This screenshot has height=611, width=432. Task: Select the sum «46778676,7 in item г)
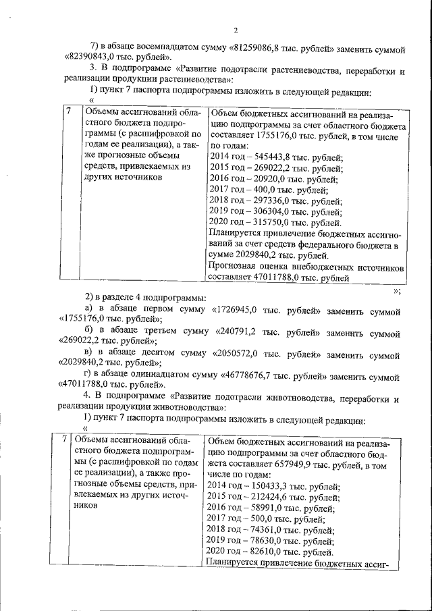[x=259, y=374]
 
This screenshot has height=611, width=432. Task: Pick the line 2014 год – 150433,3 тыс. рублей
[x=273, y=485]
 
